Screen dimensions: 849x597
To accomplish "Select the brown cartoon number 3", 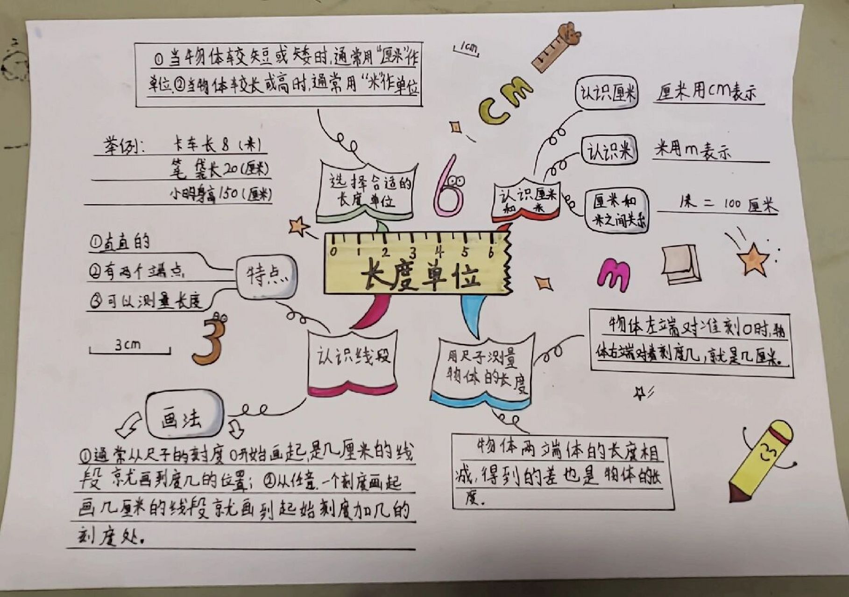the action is (209, 340).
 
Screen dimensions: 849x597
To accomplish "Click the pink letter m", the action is (614, 275).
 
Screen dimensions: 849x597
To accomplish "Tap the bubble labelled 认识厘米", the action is (606, 93).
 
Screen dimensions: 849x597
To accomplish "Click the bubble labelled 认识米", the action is (609, 150).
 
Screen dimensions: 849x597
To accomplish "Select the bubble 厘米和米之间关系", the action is (616, 211).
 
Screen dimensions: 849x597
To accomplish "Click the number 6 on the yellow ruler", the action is (491, 252).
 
